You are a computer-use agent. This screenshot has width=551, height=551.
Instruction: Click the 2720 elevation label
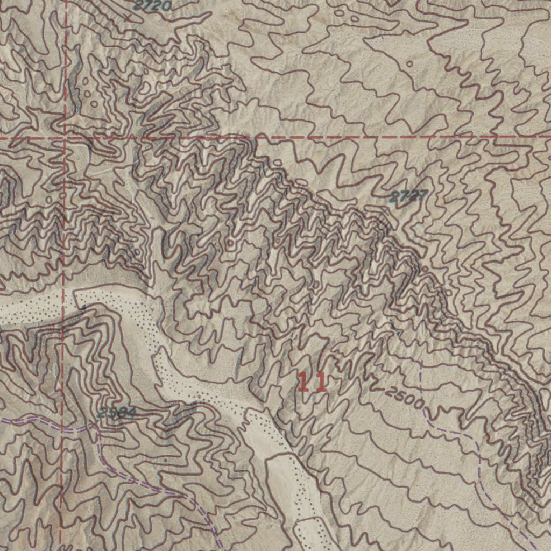(152, 6)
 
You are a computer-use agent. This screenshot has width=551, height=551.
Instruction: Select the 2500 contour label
(405, 399)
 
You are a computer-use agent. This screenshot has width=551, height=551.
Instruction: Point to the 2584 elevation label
(117, 413)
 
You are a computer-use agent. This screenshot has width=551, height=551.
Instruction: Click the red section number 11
(312, 382)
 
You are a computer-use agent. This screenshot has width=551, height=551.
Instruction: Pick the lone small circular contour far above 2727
(409, 63)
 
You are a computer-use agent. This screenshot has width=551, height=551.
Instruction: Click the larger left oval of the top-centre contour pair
(340, 12)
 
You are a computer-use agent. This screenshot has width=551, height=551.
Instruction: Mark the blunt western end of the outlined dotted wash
(75, 293)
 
